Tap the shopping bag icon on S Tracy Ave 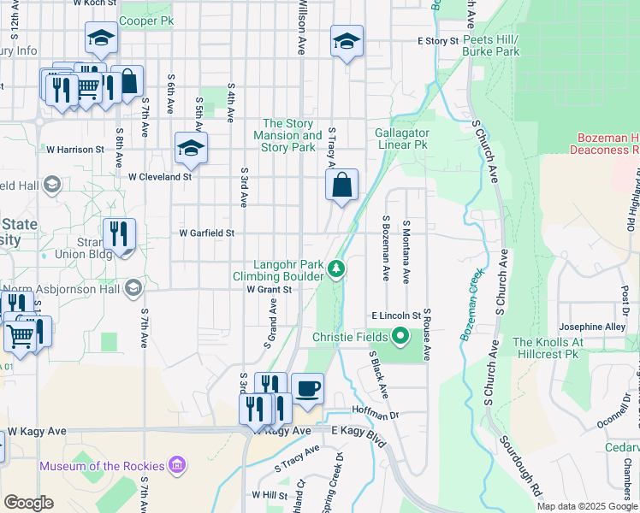click(x=341, y=185)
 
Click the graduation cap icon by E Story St click(x=347, y=41)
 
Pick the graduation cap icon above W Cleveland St click(x=191, y=149)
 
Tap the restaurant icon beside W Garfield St click(x=119, y=234)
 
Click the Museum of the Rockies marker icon click(x=177, y=465)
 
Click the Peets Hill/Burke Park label click(x=491, y=46)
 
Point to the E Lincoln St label click(x=395, y=315)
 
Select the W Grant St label click(x=270, y=290)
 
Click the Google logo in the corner click(x=29, y=503)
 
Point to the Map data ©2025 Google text click(x=587, y=506)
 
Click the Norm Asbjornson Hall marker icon click(x=133, y=288)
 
